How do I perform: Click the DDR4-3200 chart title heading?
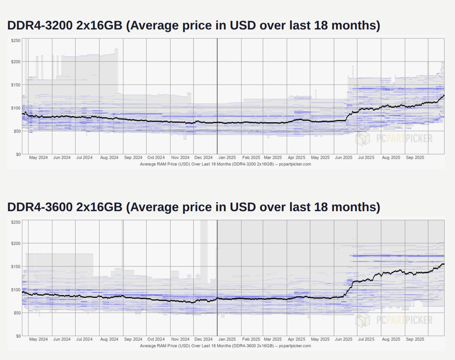(193, 26)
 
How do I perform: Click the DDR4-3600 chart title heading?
(193, 207)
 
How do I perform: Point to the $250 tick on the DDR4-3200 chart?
(16, 41)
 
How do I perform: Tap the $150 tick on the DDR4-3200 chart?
(16, 85)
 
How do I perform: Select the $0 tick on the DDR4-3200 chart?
(18, 154)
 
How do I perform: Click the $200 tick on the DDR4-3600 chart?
(16, 244)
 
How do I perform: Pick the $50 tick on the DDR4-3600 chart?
(17, 313)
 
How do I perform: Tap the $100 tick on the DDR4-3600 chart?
(16, 290)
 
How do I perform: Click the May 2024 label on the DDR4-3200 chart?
(38, 158)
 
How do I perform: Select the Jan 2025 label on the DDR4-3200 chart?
(227, 158)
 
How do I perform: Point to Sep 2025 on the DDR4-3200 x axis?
(415, 158)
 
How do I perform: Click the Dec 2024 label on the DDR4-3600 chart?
(203, 339)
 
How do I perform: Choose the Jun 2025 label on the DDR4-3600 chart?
(343, 339)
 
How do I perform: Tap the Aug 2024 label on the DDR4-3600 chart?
(109, 339)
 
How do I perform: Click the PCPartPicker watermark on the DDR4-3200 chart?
(394, 139)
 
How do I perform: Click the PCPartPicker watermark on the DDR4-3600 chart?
(394, 320)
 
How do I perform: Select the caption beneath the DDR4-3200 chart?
(225, 164)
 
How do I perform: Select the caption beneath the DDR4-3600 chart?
(225, 346)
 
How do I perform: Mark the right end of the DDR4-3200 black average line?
(444, 95)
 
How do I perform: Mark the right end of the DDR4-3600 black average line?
(444, 264)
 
